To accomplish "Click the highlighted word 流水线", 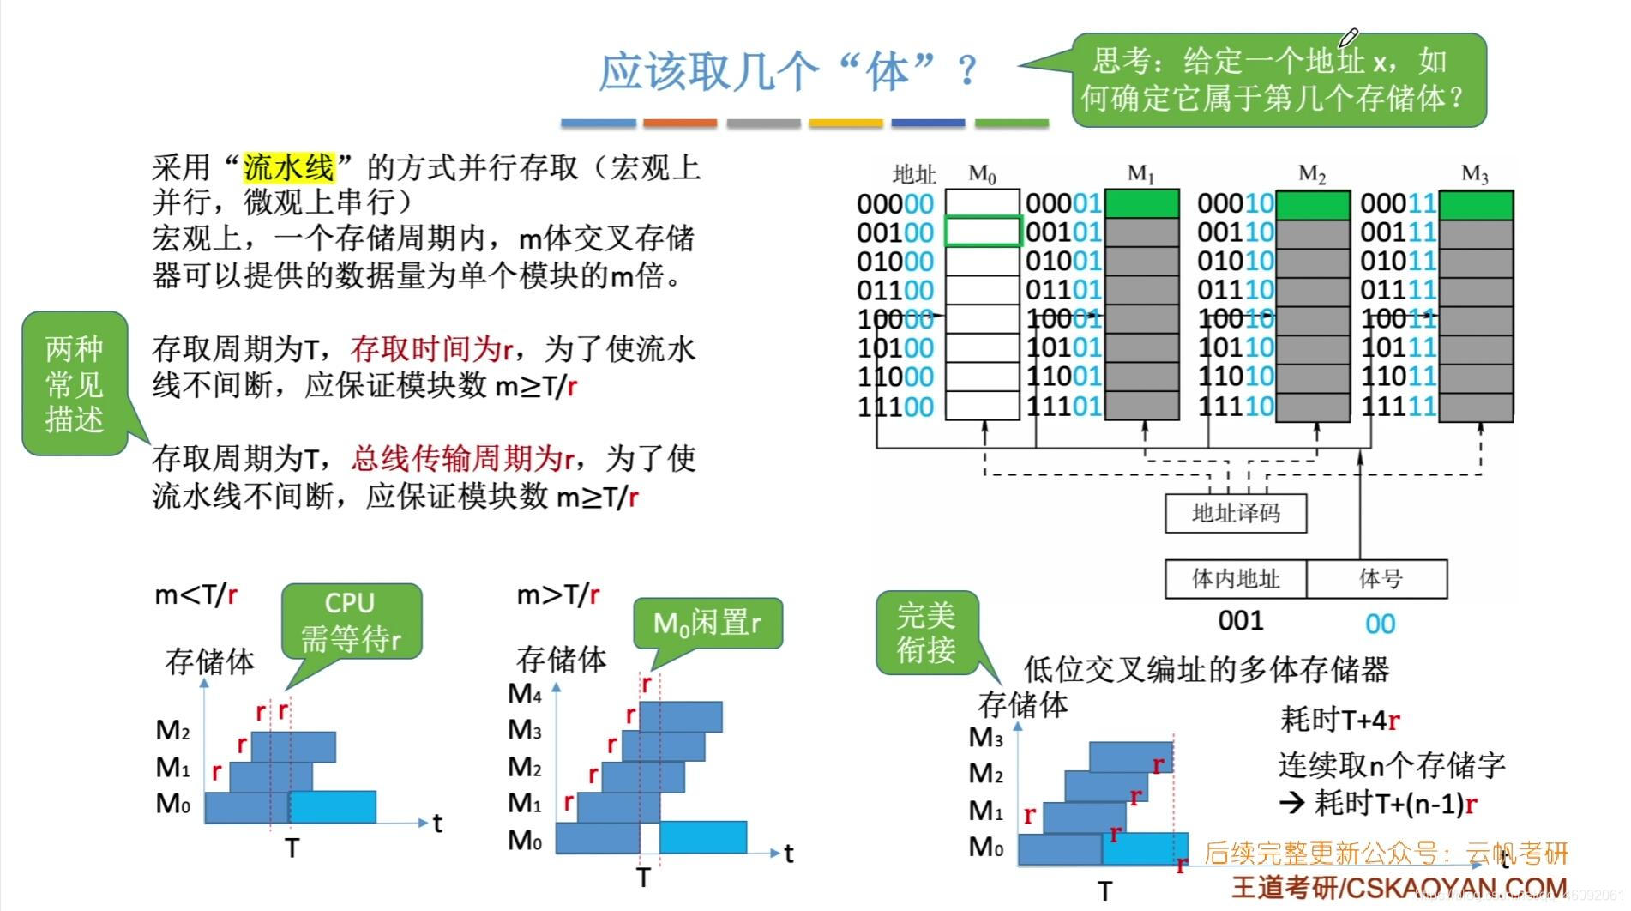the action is (288, 167).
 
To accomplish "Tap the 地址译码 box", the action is (1235, 513).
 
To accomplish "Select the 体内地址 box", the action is (1235, 579).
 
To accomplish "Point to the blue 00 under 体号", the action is (1380, 624).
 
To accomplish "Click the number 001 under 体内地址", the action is (1241, 620).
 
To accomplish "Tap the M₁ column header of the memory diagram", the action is (1140, 174).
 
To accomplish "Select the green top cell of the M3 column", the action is (1475, 205).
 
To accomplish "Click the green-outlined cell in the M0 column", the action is (983, 232).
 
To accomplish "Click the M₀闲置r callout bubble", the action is (707, 623).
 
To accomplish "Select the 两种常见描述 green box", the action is (75, 383).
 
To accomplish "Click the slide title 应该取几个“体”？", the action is (786, 70).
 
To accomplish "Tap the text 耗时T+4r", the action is (1339, 719).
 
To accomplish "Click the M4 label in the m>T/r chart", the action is (524, 693).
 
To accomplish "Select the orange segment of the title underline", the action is (680, 124).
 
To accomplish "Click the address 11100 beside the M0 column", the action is (895, 407).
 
